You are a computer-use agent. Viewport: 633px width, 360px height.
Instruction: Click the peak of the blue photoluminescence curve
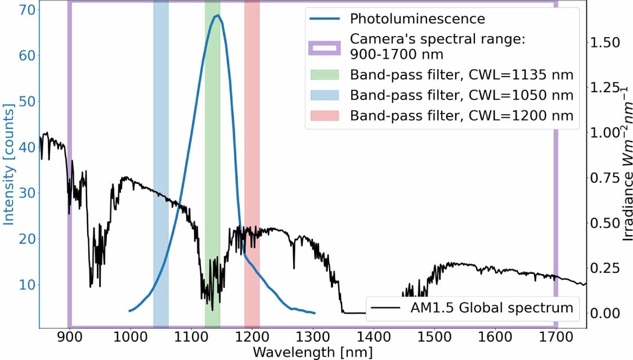click(218, 15)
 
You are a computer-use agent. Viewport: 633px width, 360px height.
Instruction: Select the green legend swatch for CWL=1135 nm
click(325, 75)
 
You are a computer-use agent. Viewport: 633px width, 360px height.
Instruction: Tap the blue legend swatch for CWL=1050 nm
click(325, 95)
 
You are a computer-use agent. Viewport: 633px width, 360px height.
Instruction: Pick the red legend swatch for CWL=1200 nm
click(325, 115)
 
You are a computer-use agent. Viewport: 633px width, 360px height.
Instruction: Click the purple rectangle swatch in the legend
click(325, 48)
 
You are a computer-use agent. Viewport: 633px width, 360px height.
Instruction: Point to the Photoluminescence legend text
click(417, 19)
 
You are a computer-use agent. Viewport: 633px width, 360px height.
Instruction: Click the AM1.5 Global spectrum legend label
click(492, 308)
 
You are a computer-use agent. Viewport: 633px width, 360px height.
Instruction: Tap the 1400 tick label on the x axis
click(374, 337)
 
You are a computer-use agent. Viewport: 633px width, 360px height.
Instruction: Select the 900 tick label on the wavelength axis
click(70, 337)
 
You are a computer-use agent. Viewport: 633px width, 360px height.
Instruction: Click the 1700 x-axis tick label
click(556, 337)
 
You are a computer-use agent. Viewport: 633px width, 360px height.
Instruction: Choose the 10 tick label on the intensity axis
click(27, 285)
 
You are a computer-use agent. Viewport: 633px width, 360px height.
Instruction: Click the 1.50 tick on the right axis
click(605, 42)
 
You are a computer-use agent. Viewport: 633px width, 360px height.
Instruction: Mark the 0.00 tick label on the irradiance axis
click(605, 313)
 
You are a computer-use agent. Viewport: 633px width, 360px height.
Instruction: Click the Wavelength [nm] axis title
click(312, 352)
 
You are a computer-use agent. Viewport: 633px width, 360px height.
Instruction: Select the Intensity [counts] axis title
click(8, 164)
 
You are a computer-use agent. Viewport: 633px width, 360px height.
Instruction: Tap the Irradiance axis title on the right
click(627, 164)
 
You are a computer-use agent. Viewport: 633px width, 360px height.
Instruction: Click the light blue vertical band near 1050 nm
click(161, 164)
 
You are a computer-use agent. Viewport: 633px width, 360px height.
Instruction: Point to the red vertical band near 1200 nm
click(252, 164)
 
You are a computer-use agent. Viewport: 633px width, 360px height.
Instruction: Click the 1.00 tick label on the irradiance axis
click(605, 132)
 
